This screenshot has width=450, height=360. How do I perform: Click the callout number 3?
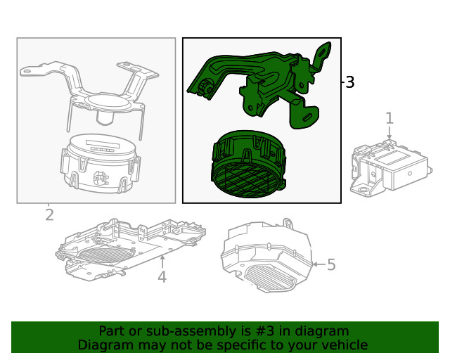click(349, 82)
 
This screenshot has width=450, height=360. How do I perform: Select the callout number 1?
click(390, 118)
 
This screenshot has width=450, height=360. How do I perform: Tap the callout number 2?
click(49, 215)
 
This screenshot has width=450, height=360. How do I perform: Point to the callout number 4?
click(162, 277)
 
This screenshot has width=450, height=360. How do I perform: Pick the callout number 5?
click(331, 265)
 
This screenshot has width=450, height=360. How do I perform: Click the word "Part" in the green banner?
click(112, 331)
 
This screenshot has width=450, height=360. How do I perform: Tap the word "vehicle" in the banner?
click(343, 345)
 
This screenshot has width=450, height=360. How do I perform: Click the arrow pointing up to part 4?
click(162, 260)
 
